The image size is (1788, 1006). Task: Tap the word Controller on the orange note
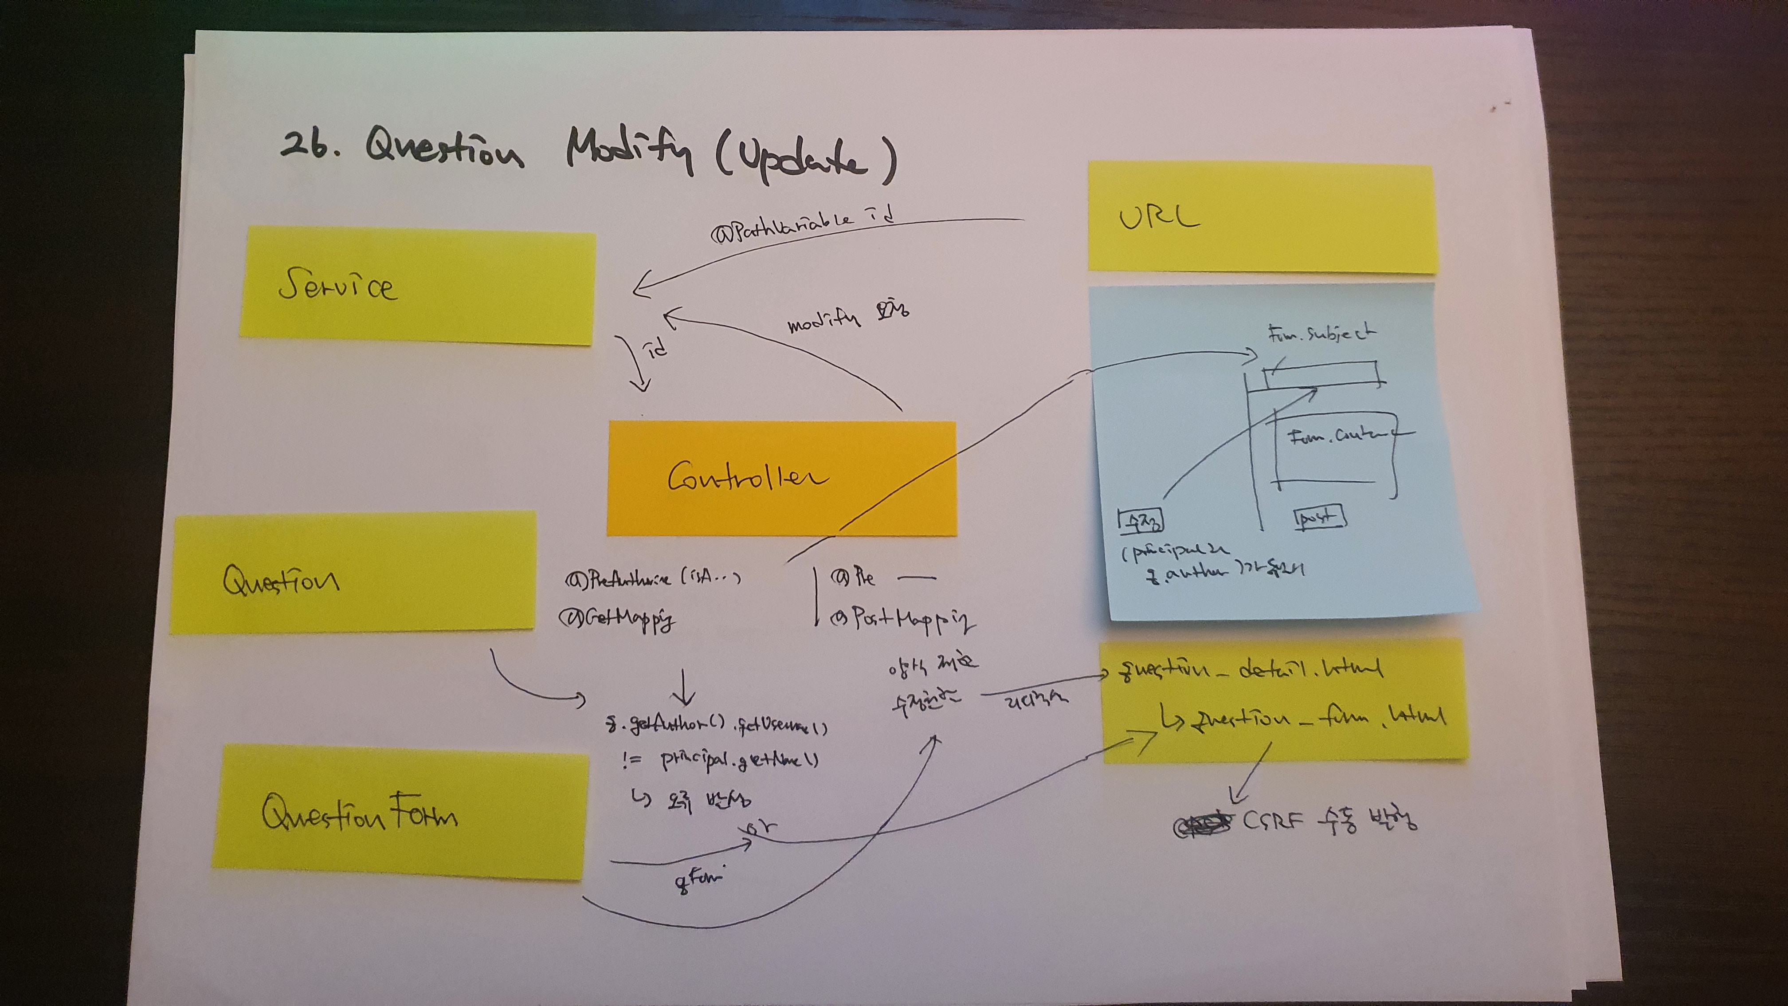(747, 477)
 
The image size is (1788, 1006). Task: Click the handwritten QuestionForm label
(359, 813)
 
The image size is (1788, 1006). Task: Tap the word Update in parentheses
(805, 159)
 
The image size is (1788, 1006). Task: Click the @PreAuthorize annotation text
(652, 579)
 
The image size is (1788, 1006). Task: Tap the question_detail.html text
(1249, 670)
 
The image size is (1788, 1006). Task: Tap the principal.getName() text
(739, 760)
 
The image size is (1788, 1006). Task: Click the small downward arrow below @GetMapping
(684, 688)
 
